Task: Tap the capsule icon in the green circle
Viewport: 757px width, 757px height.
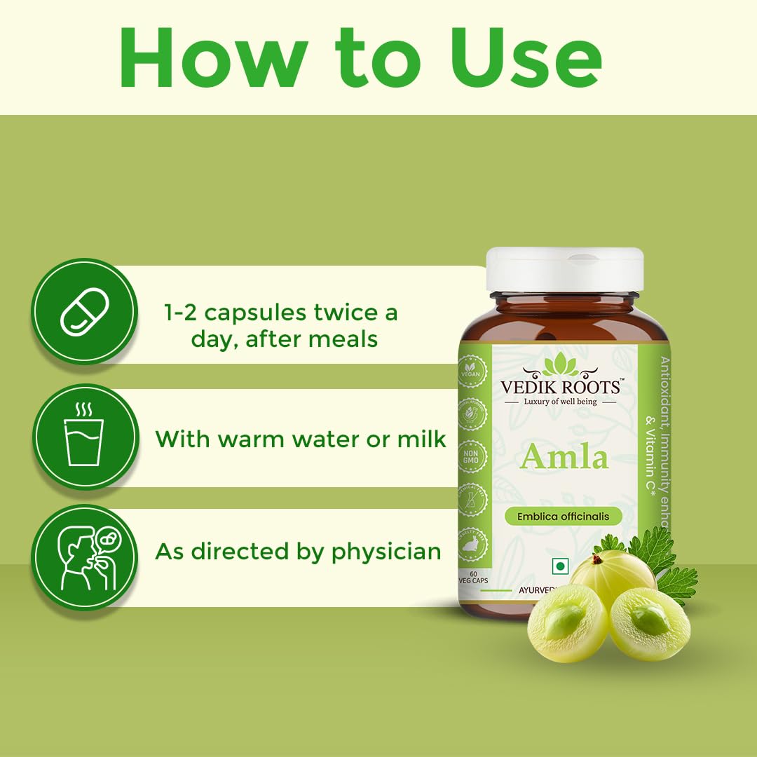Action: [x=84, y=311]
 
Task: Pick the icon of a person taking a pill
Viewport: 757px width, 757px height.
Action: [x=84, y=557]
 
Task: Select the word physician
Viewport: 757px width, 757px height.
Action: [x=386, y=552]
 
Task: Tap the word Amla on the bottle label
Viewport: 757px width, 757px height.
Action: [x=564, y=457]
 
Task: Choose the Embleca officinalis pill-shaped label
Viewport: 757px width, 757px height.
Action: [x=563, y=517]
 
